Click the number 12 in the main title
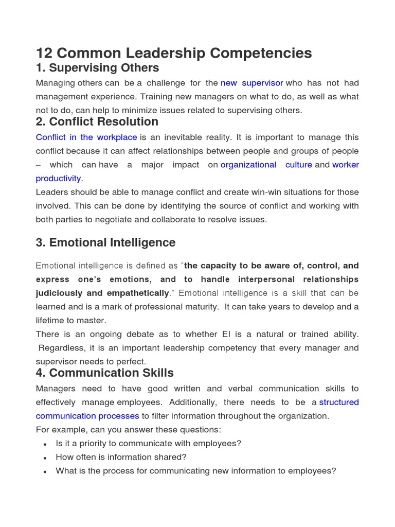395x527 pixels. point(45,53)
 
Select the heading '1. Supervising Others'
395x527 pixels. point(97,68)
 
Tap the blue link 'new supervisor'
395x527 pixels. point(252,83)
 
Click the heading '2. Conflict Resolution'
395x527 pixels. point(97,122)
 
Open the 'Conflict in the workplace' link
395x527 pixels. point(86,137)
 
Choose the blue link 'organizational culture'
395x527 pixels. point(266,165)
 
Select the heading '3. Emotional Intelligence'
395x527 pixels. point(105,242)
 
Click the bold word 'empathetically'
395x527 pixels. point(138,293)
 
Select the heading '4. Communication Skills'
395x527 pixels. point(105,373)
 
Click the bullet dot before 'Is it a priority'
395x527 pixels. point(46,444)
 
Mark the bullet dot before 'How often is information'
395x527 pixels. point(46,458)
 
